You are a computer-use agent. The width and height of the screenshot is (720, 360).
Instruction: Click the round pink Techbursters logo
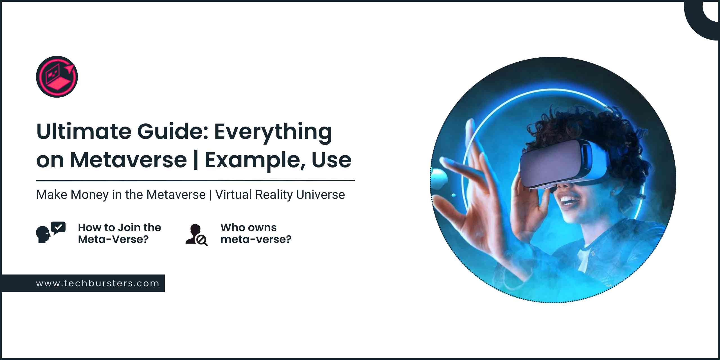point(57,77)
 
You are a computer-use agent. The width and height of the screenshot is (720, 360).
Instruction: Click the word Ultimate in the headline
point(84,131)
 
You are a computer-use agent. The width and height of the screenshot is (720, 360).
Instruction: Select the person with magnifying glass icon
point(196,235)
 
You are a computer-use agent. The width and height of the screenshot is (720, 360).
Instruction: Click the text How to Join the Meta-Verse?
point(120,233)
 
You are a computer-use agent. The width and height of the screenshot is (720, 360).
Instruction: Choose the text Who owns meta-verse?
point(256,233)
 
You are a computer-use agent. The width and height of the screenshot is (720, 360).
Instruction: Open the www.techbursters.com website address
point(98,283)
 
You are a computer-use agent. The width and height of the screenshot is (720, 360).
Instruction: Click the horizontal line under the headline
point(195,180)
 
